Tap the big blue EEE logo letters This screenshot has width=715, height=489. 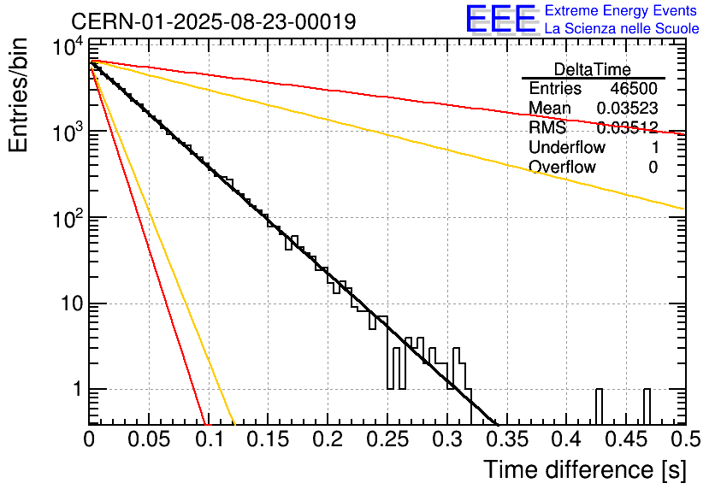(x=500, y=19)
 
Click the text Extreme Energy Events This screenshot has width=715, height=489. (x=621, y=11)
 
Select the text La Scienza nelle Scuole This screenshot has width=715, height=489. (x=621, y=29)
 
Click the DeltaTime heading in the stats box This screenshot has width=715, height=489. (x=593, y=69)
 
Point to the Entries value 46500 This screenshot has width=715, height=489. (x=634, y=89)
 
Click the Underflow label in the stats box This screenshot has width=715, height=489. (x=566, y=148)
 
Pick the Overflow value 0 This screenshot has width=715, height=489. (x=653, y=168)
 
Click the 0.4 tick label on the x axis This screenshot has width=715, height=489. (x=566, y=440)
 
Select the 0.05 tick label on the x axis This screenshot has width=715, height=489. (x=149, y=440)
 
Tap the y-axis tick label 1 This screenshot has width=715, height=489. (x=75, y=390)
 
